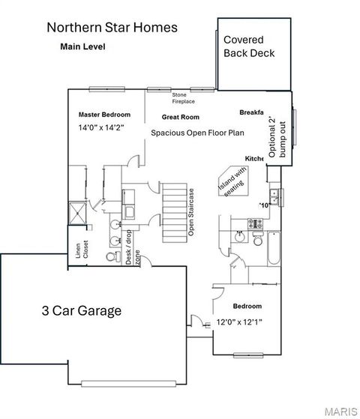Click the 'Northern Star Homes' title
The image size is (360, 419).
click(112, 28)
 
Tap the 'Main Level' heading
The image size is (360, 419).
click(82, 46)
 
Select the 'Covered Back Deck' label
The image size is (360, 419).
click(249, 46)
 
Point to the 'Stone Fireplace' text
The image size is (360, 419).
click(179, 98)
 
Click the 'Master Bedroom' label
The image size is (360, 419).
click(104, 115)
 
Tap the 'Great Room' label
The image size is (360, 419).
click(180, 118)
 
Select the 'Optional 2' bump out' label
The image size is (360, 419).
click(277, 139)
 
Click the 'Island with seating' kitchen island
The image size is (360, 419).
click(232, 182)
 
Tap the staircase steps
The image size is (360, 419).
click(174, 212)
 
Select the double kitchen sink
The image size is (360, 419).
click(275, 197)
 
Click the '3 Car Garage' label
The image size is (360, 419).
click(80, 310)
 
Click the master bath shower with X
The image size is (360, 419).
click(77, 212)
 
